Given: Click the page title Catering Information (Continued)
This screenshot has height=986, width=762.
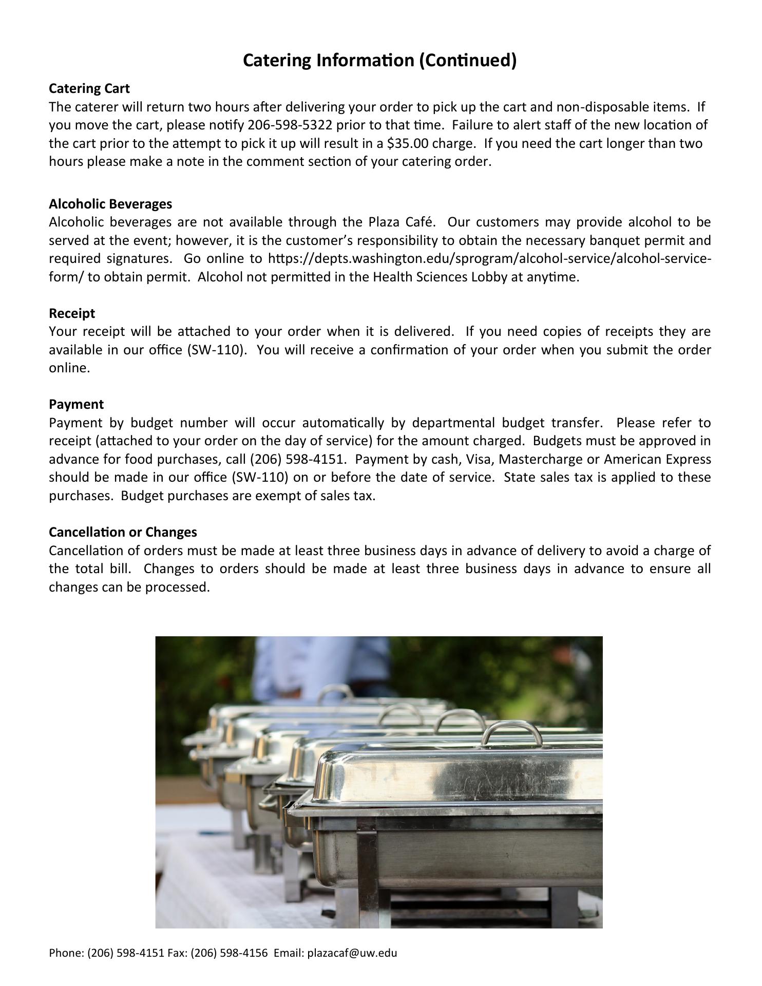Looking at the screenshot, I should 379,61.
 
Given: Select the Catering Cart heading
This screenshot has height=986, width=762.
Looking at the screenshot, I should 89,88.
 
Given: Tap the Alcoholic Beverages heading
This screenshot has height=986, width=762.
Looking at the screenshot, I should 110,204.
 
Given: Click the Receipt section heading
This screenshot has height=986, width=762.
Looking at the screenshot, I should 72,313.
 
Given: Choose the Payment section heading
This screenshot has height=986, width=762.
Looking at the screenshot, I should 76,404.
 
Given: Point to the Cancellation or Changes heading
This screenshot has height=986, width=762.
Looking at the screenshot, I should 123,532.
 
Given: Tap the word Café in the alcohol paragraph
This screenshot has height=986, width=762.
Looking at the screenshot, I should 421,222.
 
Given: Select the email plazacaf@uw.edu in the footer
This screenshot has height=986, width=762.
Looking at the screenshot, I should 352,953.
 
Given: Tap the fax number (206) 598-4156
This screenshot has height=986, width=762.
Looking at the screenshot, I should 229,953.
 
